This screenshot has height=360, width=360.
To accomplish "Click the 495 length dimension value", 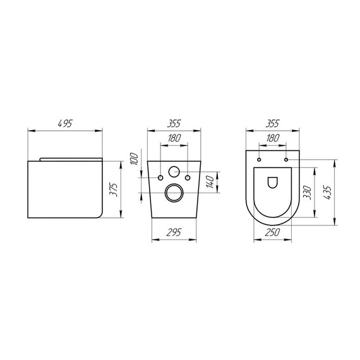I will point(66,124).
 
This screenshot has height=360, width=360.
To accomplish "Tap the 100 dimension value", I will point(133,159).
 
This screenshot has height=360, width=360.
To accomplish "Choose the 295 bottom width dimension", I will point(174,233).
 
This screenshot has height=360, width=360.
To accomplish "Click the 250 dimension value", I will point(273,233).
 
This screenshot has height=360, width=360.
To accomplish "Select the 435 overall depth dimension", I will point(327,192).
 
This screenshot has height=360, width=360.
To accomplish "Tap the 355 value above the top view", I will point(273,124).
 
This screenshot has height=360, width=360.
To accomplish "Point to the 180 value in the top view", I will point(273,138).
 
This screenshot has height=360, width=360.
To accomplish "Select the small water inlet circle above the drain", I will point(174,171).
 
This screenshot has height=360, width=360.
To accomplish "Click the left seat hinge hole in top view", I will point(259,160).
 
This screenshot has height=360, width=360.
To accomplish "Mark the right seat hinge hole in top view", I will point(288,160).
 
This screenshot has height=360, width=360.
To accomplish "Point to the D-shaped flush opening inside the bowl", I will point(273,182).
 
